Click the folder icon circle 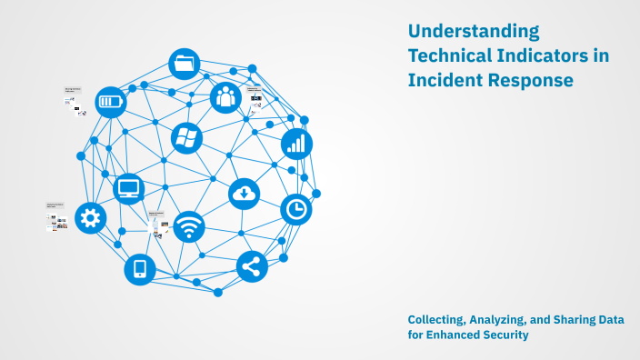click(185, 64)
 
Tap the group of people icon click(225, 96)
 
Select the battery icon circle click(111, 102)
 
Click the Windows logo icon click(186, 138)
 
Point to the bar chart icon click(296, 143)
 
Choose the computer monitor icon click(129, 189)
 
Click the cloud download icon click(245, 193)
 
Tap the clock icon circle click(295, 209)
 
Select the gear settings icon click(91, 217)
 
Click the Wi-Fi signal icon click(189, 226)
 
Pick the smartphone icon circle click(140, 268)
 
